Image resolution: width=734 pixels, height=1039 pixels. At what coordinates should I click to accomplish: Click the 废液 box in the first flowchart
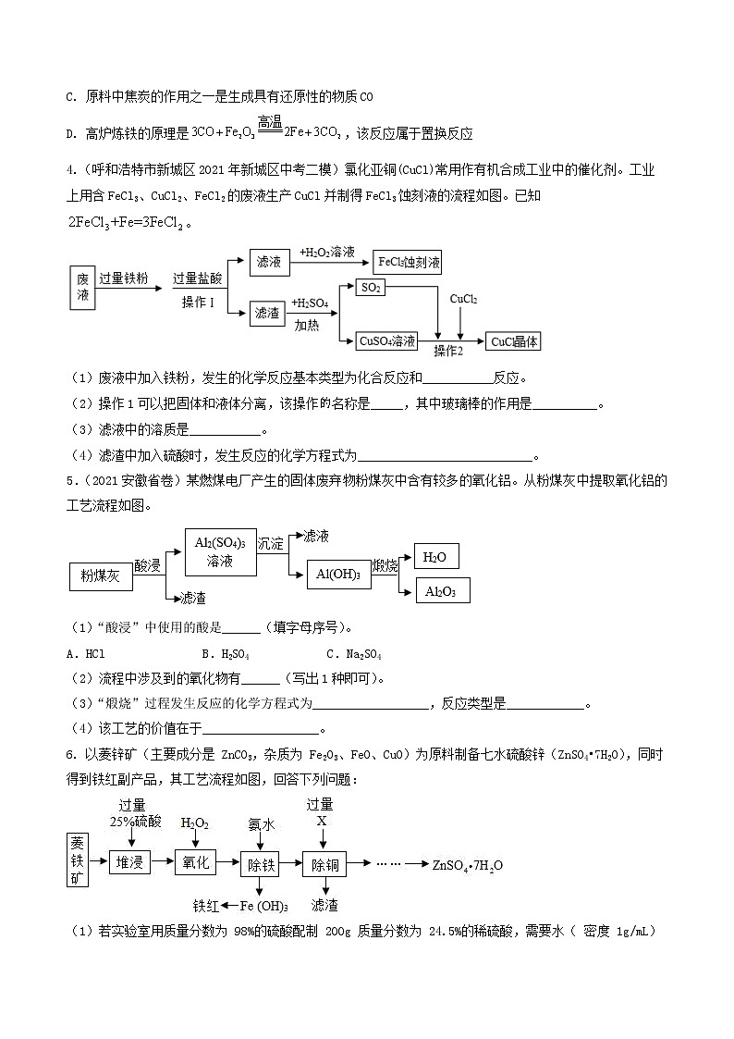pos(82,286)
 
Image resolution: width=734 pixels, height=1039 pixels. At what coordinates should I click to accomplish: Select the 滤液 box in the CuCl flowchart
pos(269,262)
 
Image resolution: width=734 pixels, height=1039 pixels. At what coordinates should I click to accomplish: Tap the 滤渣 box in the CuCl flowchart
pos(269,314)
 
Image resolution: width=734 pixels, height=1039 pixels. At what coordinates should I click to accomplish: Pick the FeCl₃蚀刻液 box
pos(407,262)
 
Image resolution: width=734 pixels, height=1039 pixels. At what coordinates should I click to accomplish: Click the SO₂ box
pos(371,288)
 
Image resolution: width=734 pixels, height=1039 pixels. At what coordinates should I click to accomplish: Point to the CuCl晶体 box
pos(513,340)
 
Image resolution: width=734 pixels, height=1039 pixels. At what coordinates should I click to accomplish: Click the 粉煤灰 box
pos(101,575)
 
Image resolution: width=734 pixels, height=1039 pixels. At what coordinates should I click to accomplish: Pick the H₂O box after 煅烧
pos(434,556)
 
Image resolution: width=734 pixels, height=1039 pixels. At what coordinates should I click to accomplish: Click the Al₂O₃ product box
pos(441,590)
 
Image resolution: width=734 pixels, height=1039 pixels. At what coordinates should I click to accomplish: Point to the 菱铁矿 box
pos(78,860)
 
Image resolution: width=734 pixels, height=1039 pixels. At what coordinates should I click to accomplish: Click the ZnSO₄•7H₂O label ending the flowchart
pos(468,865)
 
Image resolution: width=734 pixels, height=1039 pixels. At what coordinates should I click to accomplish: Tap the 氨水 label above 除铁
pos(262,823)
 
